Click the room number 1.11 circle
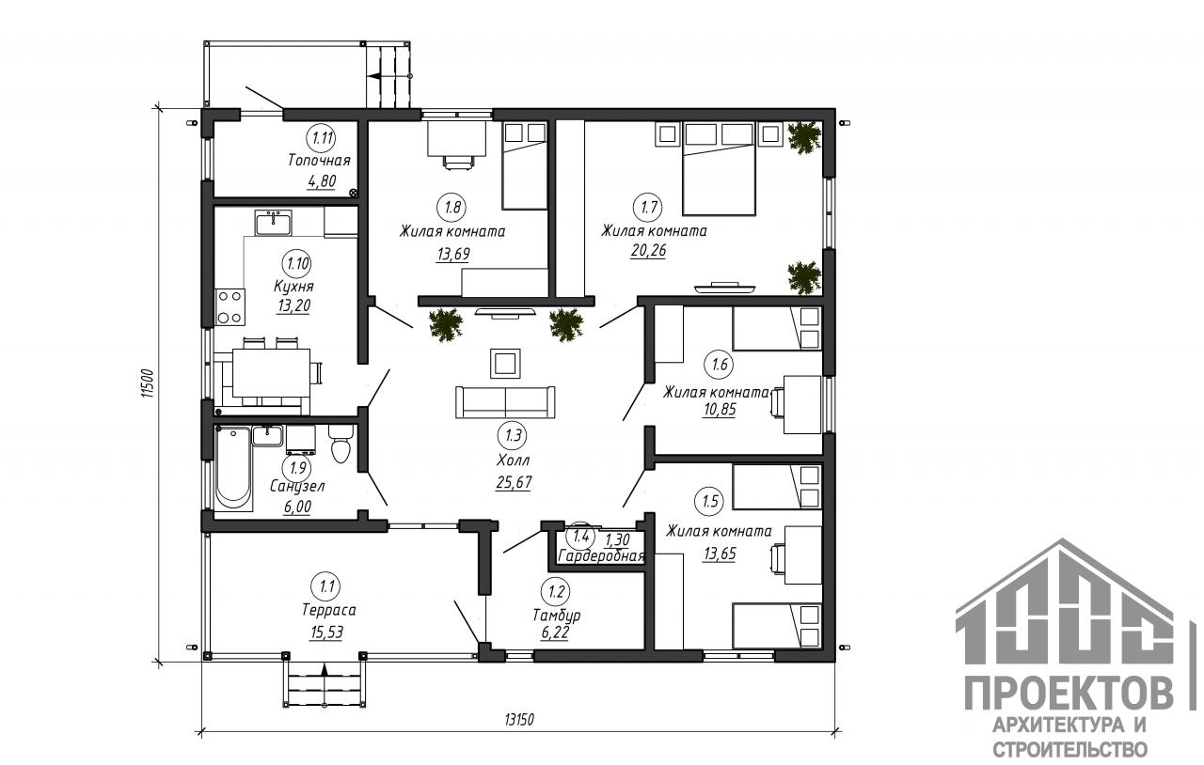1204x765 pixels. [x=321, y=138]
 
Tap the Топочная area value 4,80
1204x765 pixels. [x=322, y=181]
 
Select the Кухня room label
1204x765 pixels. [x=293, y=287]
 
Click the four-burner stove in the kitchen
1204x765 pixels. [x=230, y=306]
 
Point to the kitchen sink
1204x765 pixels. [x=274, y=223]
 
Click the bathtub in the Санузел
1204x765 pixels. [x=233, y=467]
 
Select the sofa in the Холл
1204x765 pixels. [x=505, y=402]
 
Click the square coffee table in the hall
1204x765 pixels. [x=505, y=364]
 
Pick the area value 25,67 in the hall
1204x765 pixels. [x=514, y=482]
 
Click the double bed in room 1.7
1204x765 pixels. [x=719, y=168]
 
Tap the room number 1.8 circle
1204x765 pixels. [x=452, y=207]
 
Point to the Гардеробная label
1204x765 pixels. [x=601, y=556]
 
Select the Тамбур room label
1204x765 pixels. [x=557, y=615]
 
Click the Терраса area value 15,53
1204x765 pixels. [x=326, y=632]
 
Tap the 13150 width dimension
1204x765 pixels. [x=519, y=719]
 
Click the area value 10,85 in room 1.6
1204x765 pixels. [x=720, y=410]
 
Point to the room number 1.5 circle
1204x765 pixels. [x=709, y=501]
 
